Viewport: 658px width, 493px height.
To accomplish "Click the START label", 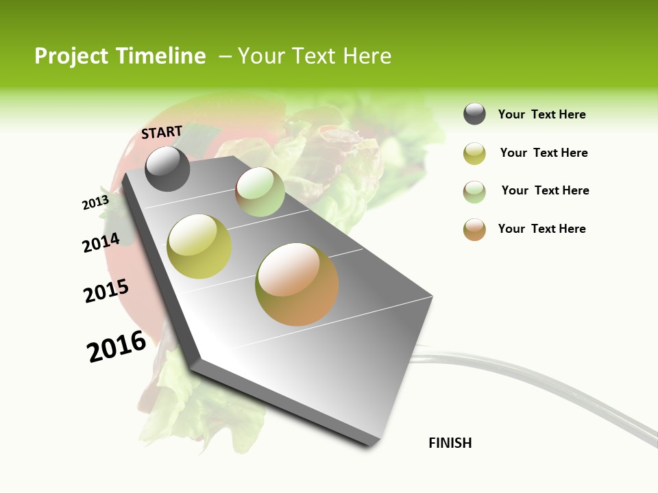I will [162, 131].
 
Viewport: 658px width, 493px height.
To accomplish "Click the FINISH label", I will [450, 443].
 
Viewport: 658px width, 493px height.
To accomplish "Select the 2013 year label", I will [95, 202].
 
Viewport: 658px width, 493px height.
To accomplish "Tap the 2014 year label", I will [101, 242].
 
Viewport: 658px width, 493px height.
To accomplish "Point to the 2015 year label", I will [106, 291].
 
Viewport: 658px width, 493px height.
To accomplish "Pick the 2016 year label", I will [117, 346].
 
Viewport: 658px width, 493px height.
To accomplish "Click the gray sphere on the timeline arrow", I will [167, 168].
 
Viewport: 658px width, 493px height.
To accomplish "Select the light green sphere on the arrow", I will [260, 192].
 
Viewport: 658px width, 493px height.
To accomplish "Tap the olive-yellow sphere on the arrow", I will [199, 246].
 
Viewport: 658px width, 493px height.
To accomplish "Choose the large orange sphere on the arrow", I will [297, 284].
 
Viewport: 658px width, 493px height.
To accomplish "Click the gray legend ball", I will [474, 114].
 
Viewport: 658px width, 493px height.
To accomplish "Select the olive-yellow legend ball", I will [474, 153].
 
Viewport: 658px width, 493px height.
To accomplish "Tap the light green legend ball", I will [474, 192].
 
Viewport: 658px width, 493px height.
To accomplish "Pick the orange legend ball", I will [474, 229].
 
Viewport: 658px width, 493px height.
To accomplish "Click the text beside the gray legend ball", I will [541, 114].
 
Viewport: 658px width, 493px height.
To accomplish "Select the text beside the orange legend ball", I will [541, 229].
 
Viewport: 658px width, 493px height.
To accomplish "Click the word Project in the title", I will [72, 56].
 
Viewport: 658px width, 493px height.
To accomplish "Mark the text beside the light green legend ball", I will [545, 190].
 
